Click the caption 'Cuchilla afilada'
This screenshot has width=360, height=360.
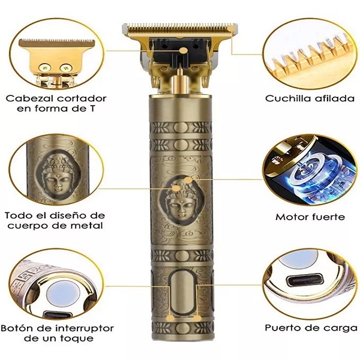tap(310, 98)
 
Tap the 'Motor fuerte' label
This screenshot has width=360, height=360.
tap(310, 217)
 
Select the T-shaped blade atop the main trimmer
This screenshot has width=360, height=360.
tap(180, 28)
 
